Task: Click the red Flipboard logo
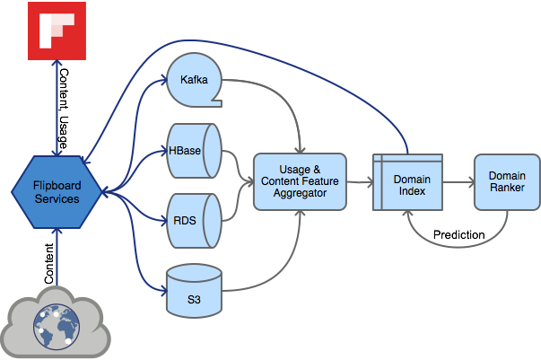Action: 57,31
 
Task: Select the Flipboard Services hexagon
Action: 57,192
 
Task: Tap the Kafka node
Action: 195,80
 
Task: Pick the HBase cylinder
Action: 195,151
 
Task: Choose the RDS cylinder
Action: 195,221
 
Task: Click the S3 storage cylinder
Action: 195,291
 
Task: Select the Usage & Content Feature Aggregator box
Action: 301,181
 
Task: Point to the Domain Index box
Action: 408,182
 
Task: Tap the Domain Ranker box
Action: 507,182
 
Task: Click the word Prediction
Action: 458,234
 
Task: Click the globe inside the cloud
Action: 57,327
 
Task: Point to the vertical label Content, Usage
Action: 64,109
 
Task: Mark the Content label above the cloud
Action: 49,264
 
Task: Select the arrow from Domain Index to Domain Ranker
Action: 458,182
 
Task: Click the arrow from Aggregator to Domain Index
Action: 360,182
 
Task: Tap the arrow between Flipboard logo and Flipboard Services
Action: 57,108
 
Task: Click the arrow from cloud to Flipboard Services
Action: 57,257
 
